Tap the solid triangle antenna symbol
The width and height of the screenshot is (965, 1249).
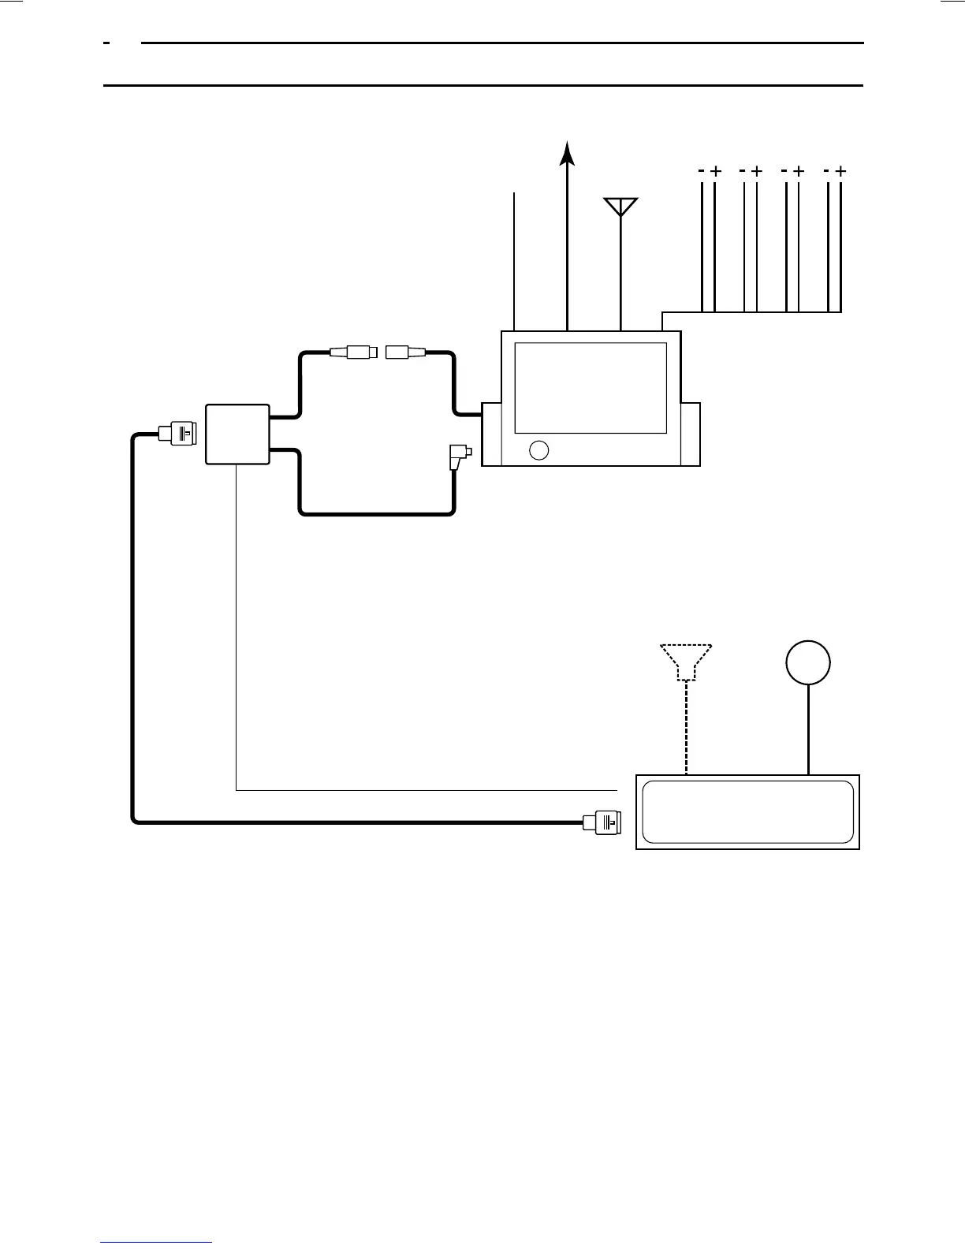[x=621, y=206]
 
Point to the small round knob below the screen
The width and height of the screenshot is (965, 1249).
[x=539, y=449]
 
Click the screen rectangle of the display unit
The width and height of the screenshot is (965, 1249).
[x=591, y=387]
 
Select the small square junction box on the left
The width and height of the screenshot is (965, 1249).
[x=237, y=434]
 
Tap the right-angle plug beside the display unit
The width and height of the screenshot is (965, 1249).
[x=458, y=457]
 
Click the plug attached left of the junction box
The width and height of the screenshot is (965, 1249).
[x=178, y=433]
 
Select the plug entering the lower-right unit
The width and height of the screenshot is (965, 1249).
[x=603, y=822]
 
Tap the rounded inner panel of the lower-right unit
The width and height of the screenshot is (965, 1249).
[x=748, y=812]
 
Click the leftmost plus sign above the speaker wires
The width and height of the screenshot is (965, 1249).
[x=715, y=170]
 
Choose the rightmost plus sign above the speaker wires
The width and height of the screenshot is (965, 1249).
[x=840, y=170]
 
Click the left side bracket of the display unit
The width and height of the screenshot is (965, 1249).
[x=491, y=434]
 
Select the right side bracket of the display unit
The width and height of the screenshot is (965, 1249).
[x=691, y=434]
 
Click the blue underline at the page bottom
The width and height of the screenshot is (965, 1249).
[x=156, y=1242]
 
